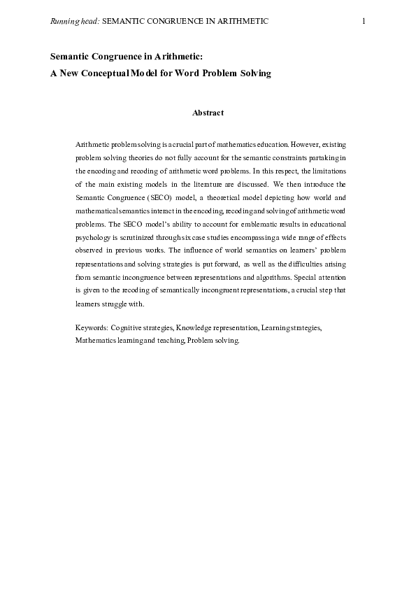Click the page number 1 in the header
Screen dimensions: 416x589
(x=364, y=22)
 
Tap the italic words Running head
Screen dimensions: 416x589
(x=75, y=22)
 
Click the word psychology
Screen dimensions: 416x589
(x=95, y=237)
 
